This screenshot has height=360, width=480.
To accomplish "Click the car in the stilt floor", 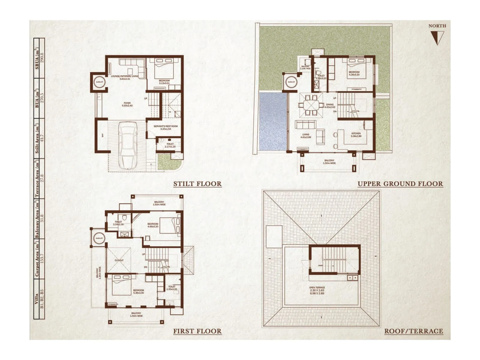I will tap(128, 146).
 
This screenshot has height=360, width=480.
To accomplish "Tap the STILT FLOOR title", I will tap(197, 184).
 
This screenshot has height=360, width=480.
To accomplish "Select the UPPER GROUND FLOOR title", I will tap(400, 184).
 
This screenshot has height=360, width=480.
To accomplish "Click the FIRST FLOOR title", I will tap(197, 331).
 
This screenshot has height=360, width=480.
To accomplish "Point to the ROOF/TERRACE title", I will tap(414, 331).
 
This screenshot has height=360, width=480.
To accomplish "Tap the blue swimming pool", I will tap(272, 121).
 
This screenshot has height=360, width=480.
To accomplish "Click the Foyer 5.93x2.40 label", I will tap(127, 104).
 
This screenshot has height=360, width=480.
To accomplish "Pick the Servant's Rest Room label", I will tap(165, 127).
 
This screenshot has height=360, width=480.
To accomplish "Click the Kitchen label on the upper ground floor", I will tap(356, 135).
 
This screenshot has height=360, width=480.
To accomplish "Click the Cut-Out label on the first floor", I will tap(119, 260).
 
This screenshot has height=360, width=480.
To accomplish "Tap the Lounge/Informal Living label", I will tap(124, 77).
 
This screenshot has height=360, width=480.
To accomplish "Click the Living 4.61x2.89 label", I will tap(306, 136).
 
